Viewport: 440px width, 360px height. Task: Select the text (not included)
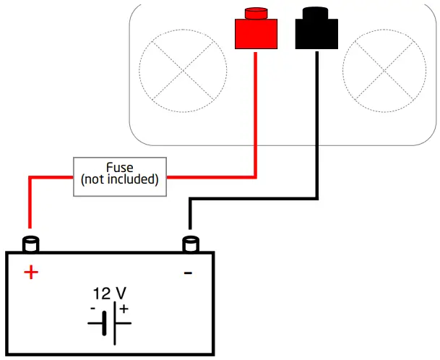pos(120,179)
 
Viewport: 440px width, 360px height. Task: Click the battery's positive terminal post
pos(31,244)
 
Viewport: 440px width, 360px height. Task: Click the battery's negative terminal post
pos(191,244)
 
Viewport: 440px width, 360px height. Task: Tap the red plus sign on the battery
pos(30,273)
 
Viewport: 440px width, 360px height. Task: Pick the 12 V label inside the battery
pos(110,293)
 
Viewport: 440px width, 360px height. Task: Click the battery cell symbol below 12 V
pos(109,322)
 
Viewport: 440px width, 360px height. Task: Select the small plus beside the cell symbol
pos(124,309)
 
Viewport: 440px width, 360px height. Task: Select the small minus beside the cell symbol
pos(93,309)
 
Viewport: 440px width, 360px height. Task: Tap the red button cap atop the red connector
pos(256,12)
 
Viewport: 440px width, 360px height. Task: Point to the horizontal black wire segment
pos(253,197)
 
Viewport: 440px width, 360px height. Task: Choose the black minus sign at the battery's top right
pos(188,273)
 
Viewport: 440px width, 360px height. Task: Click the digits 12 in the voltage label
pos(101,293)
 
